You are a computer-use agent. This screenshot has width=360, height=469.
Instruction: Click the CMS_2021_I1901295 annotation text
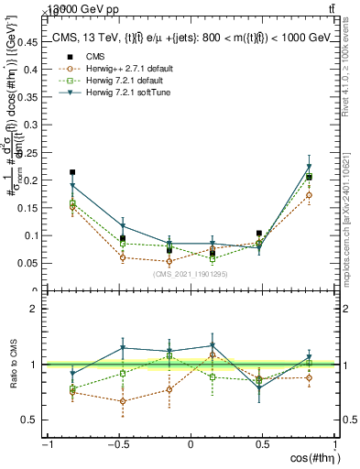tap(191, 274)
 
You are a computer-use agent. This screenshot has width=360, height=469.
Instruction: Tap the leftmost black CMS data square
tap(72, 172)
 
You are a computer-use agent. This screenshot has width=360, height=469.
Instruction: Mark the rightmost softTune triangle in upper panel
tap(310, 168)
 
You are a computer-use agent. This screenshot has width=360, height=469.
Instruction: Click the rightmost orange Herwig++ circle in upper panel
tap(310, 195)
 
